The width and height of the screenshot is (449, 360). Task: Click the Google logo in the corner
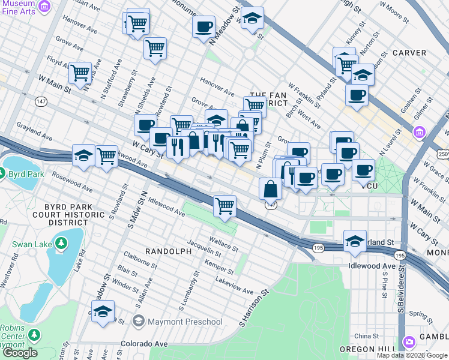pos(20,353)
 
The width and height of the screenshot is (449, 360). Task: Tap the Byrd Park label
pos(24,175)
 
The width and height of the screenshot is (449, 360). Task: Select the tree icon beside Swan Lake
pos(61,243)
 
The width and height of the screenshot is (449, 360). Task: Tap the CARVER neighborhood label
pos(409,53)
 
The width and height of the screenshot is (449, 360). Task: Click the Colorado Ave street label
pos(143,344)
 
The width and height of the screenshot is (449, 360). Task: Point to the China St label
pos(367,336)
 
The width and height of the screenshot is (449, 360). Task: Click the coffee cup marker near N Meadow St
pos(203,26)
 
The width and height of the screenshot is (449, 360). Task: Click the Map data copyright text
pos(412,355)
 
